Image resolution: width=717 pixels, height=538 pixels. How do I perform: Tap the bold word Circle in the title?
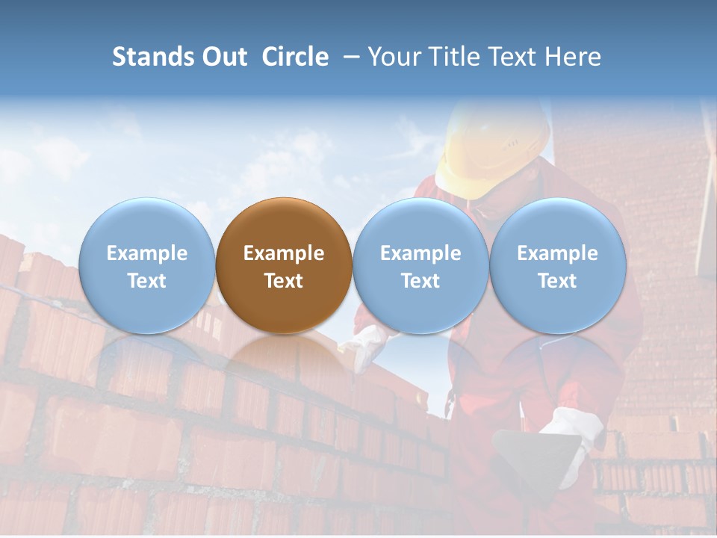[295, 57]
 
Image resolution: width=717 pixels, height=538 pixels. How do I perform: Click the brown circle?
[284, 265]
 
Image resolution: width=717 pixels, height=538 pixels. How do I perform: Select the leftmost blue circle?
[146, 265]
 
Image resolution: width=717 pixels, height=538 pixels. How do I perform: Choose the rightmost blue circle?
[558, 265]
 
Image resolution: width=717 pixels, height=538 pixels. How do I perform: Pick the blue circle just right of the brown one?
[420, 265]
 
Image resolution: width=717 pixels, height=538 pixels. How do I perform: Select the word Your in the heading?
[393, 57]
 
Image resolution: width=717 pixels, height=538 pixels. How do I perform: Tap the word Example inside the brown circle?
[284, 253]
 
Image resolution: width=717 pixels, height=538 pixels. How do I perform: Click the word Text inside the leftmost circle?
[146, 281]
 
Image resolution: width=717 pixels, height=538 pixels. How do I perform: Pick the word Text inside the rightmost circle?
[558, 281]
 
